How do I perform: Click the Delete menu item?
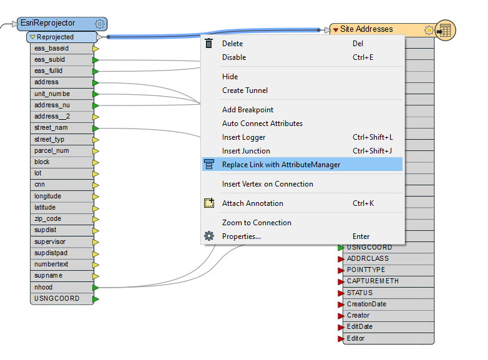232,44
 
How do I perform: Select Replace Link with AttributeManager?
281,165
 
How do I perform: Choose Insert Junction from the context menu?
246,151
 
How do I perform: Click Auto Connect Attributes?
262,124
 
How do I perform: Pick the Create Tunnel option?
245,90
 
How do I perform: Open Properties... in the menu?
241,236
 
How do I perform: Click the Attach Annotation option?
252,203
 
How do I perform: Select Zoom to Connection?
256,223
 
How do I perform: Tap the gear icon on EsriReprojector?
99,24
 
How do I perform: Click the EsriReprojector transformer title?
48,24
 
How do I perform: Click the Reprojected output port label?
56,37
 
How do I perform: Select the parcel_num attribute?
52,151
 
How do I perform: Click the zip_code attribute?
47,219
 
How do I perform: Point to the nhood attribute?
44,287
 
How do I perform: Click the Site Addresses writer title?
366,29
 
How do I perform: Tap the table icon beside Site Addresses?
445,30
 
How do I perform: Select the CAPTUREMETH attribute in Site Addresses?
373,281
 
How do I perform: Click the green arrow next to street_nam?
95,128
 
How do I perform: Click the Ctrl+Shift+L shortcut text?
373,137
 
